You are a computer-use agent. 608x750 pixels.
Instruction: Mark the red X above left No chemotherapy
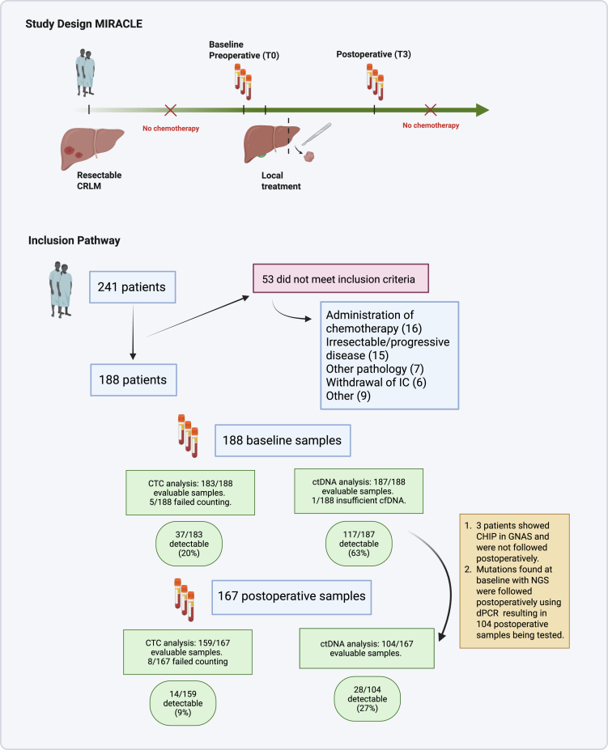tap(170, 110)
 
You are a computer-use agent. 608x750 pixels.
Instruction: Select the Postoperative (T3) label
tap(373, 54)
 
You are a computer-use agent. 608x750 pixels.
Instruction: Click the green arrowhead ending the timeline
tap(481, 110)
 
